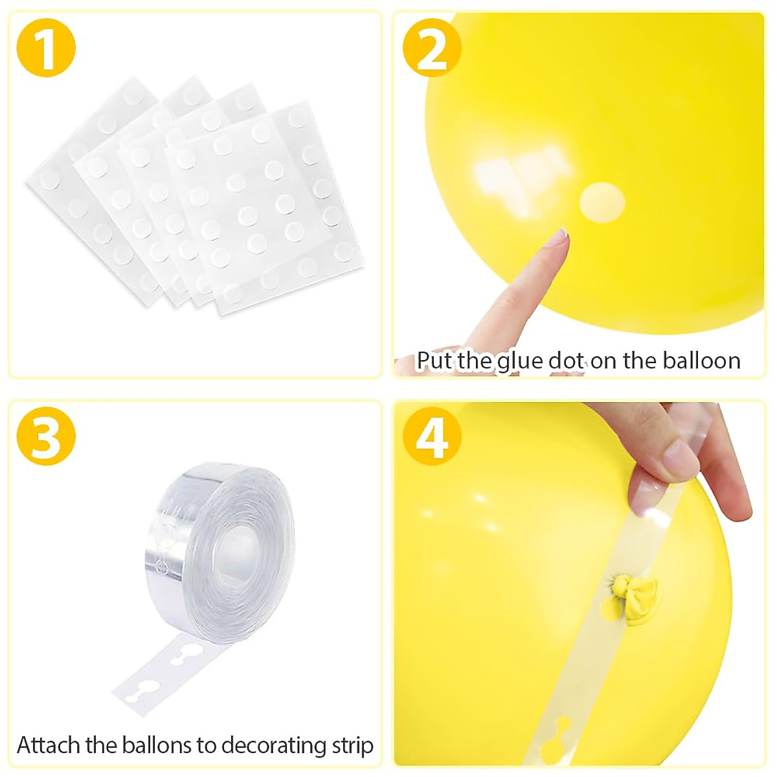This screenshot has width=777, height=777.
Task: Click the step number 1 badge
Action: (45, 49)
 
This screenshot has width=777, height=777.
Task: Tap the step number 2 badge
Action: (432, 49)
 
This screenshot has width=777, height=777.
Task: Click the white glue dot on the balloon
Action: (602, 202)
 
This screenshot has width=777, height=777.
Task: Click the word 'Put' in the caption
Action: (435, 360)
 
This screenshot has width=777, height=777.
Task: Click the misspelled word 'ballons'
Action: (153, 745)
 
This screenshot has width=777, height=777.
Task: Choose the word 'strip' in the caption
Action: (353, 745)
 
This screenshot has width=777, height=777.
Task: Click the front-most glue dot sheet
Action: (259, 207)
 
